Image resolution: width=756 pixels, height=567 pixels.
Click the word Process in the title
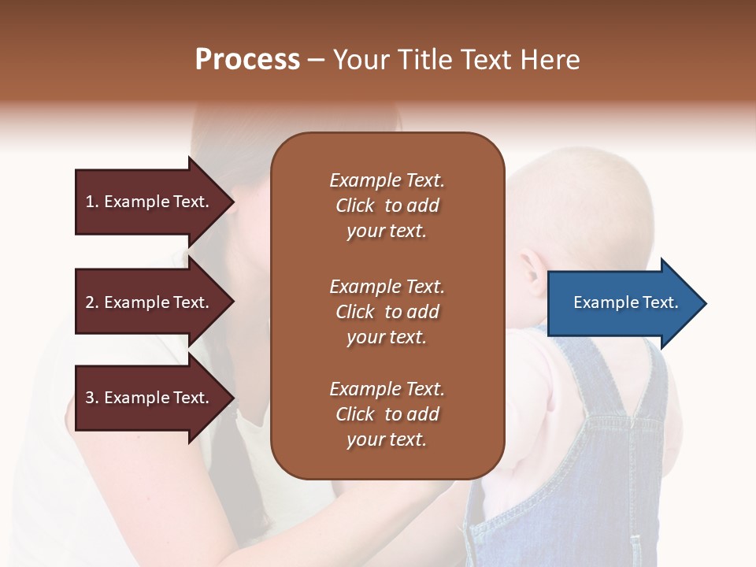247,60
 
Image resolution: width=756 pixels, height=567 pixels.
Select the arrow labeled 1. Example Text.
150,202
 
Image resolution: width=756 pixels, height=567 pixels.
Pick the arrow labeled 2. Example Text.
150,302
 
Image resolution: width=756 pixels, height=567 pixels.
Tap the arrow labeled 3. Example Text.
150,398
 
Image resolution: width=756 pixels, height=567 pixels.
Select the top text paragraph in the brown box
387,206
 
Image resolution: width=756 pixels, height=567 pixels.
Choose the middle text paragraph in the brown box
387,312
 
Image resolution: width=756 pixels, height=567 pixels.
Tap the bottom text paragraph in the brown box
387,414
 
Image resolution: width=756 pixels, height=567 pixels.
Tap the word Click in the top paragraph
355,206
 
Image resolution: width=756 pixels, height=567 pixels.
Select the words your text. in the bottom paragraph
387,439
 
